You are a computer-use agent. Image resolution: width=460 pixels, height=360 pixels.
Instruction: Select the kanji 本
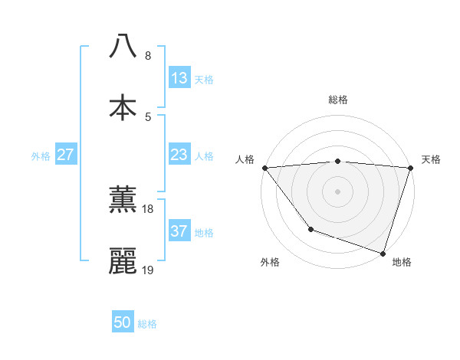point(123,107)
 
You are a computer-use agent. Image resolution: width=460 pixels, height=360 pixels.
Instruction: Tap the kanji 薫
point(123,200)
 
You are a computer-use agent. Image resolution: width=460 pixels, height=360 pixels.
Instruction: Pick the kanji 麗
point(123,261)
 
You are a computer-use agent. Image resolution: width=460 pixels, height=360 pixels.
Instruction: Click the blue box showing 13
point(179,78)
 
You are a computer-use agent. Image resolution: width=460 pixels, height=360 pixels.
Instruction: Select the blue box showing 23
point(179,155)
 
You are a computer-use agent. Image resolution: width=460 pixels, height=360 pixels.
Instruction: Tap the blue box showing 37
point(179,231)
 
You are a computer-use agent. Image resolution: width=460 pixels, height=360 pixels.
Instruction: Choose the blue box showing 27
point(66,155)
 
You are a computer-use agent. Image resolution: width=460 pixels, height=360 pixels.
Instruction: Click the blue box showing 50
point(123,323)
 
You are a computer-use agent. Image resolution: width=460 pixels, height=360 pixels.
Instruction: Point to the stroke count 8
point(148,56)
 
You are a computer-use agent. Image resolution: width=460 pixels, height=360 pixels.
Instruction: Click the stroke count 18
point(148,209)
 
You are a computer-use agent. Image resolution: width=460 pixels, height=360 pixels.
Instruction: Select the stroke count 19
point(148,270)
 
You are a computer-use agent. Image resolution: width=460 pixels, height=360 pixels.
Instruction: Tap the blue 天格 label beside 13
point(204,79)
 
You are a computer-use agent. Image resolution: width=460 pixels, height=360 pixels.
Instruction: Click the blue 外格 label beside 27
point(41,155)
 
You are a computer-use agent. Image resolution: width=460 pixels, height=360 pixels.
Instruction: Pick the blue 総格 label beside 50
point(147,324)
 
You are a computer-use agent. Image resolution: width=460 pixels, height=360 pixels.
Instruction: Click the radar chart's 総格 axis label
point(337,100)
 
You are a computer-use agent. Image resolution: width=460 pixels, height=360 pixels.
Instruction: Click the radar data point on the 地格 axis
point(383,253)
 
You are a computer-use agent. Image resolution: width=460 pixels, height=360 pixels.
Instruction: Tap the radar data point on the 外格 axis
point(310,229)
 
